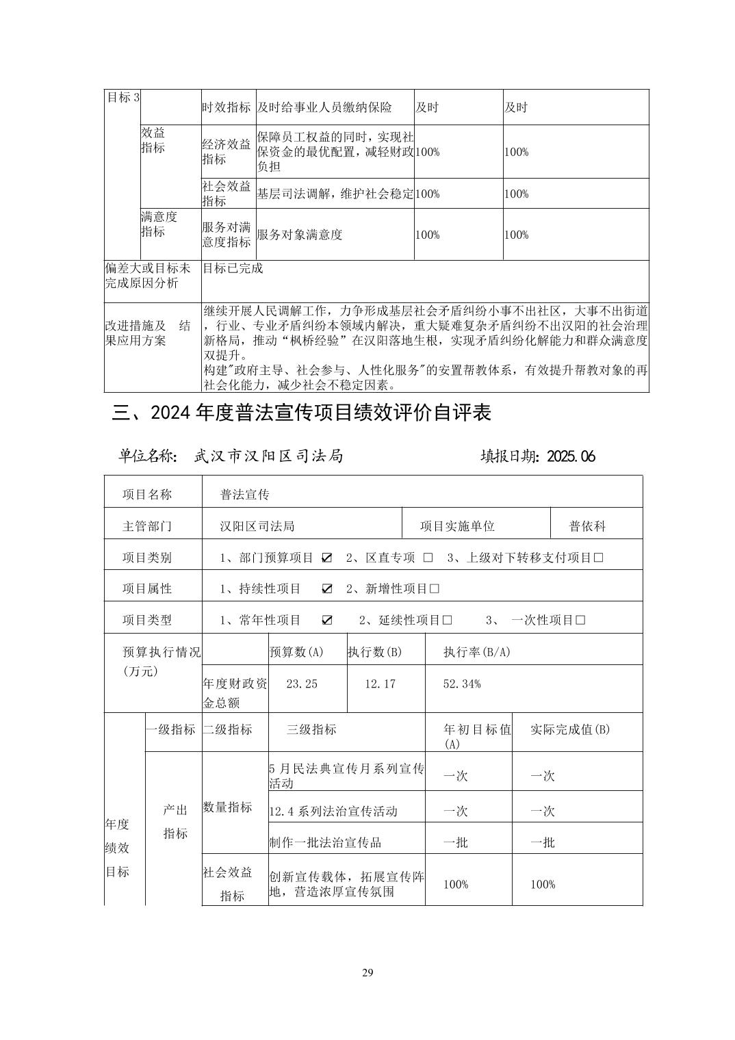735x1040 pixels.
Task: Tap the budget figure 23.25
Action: (x=302, y=684)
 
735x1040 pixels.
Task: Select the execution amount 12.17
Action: (x=380, y=684)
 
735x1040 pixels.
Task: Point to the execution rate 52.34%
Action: (x=462, y=684)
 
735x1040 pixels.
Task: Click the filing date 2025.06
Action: (x=571, y=456)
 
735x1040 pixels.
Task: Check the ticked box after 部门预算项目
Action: (x=326, y=558)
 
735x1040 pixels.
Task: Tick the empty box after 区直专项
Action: (x=428, y=558)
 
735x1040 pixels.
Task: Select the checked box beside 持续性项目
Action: (x=326, y=588)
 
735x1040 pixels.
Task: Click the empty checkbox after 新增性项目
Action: (x=435, y=588)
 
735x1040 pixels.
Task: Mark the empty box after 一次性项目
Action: (x=580, y=620)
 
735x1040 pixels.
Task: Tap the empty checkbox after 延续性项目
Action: (x=448, y=620)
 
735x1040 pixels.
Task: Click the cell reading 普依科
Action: (x=587, y=526)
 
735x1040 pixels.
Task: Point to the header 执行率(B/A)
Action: (x=476, y=652)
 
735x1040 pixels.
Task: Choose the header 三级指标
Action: (x=311, y=729)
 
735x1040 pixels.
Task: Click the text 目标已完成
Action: (x=233, y=269)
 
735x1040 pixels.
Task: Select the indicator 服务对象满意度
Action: (x=299, y=235)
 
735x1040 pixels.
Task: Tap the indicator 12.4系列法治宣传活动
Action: (x=333, y=811)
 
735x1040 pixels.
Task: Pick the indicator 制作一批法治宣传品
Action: (x=326, y=842)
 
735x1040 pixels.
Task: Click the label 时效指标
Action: (x=226, y=107)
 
